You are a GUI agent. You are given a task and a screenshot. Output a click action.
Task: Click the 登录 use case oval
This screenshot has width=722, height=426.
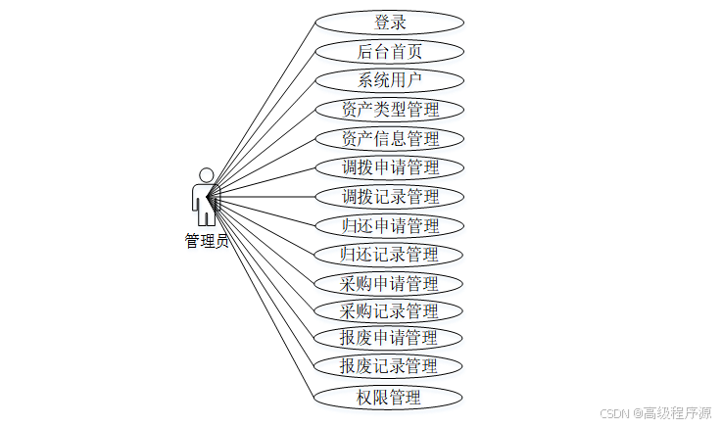pyautogui.click(x=389, y=22)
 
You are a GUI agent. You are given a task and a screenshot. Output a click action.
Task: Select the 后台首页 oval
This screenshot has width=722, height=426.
pyautogui.click(x=389, y=51)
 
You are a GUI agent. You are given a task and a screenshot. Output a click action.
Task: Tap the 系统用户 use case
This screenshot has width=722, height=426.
pyautogui.click(x=389, y=80)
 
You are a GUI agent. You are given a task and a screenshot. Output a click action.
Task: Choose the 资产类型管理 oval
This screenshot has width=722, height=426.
pyautogui.click(x=389, y=109)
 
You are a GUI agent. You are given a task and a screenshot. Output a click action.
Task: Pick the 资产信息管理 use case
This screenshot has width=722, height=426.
pyautogui.click(x=389, y=138)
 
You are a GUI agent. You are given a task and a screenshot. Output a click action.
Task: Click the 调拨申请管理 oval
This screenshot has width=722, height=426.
pyautogui.click(x=389, y=167)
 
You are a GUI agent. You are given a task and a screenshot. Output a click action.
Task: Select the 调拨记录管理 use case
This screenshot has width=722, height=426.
pyautogui.click(x=389, y=196)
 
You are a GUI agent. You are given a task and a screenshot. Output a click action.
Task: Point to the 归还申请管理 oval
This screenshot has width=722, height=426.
pyautogui.click(x=389, y=225)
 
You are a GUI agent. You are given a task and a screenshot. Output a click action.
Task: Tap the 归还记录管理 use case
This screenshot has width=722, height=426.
pyautogui.click(x=389, y=255)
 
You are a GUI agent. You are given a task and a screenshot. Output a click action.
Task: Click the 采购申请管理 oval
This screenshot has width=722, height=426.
pyautogui.click(x=389, y=284)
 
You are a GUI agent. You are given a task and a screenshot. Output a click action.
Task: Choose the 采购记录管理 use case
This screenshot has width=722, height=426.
pyautogui.click(x=389, y=311)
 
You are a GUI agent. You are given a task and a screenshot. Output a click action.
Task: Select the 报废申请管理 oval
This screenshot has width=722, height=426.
pyautogui.click(x=389, y=338)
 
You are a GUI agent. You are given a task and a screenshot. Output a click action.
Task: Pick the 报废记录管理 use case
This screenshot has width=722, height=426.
pyautogui.click(x=389, y=366)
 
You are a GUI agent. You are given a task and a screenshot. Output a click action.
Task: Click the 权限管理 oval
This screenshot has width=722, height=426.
pyautogui.click(x=389, y=397)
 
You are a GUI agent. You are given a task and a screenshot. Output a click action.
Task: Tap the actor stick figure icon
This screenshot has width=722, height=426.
pyautogui.click(x=206, y=198)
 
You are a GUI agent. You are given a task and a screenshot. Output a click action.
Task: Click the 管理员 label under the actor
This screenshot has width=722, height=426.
pyautogui.click(x=207, y=241)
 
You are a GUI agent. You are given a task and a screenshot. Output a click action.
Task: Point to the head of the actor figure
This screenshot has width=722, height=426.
pyautogui.click(x=206, y=174)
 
